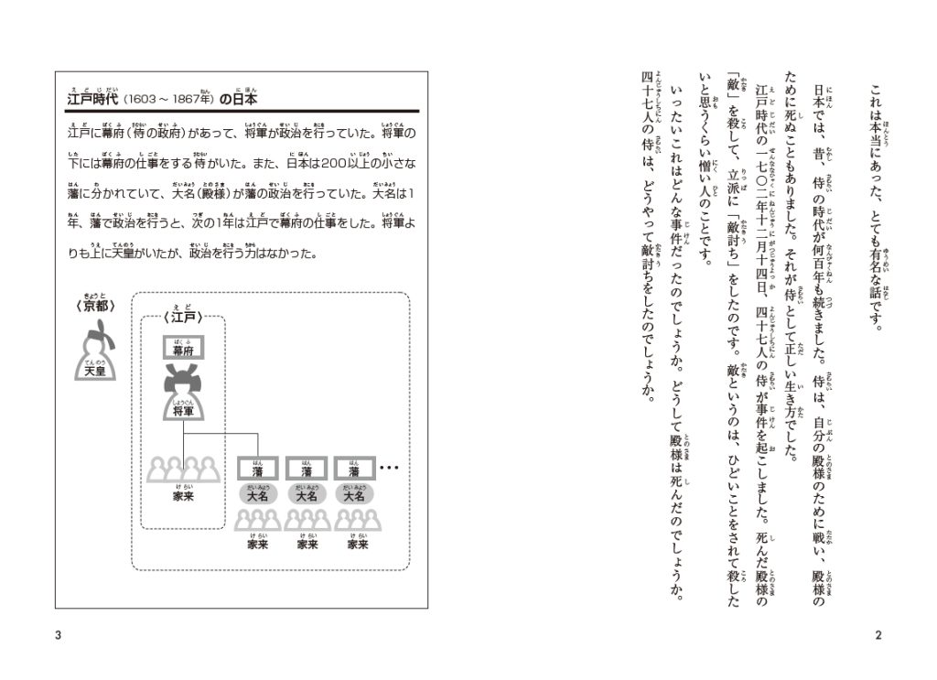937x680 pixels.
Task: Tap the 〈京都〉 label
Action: (92, 307)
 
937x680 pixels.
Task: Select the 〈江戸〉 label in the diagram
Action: (183, 319)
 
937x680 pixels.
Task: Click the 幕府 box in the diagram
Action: (183, 349)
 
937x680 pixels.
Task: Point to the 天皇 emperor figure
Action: (94, 352)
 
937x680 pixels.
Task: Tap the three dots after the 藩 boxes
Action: (389, 470)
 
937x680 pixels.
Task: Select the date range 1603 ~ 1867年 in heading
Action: (170, 98)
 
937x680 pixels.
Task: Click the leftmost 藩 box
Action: (256, 470)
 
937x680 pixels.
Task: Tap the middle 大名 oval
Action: (306, 495)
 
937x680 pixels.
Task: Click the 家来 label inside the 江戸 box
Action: (183, 495)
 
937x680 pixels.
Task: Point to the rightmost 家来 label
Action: (357, 544)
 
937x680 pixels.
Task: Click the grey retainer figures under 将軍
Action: (183, 469)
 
